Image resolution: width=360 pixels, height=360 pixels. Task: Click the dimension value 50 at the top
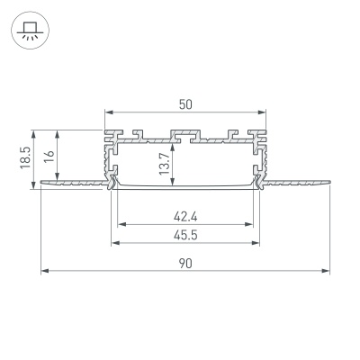[x=185, y=104]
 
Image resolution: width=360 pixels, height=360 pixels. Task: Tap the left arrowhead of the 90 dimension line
[x=43, y=269]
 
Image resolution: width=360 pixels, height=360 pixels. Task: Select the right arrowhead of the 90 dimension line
[x=327, y=269]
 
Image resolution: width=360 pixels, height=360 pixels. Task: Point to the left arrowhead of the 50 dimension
[x=109, y=112]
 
